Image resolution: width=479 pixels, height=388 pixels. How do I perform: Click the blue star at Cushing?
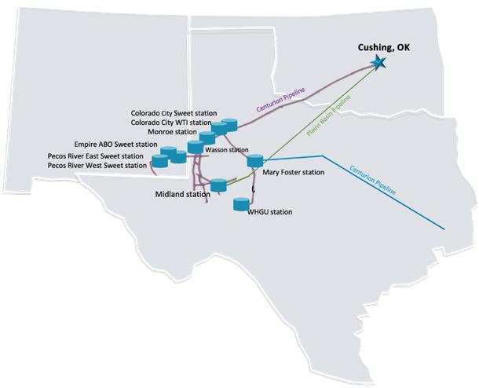pos(381,63)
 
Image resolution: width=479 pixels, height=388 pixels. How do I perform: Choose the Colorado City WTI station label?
pos(171,123)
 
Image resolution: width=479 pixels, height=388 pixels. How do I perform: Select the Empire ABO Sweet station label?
pos(115,145)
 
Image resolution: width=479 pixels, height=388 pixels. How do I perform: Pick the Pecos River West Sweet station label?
pos(97,166)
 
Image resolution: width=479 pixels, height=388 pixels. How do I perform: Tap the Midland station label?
pos(183,194)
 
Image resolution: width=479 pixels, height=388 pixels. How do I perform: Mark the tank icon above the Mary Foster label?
pos(254,161)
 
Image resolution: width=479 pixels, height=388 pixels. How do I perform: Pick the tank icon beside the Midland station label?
pos(219,185)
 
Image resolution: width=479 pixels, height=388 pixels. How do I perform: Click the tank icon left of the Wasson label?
pos(196,147)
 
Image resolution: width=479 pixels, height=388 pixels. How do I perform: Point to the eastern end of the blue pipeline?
pos(445,229)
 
